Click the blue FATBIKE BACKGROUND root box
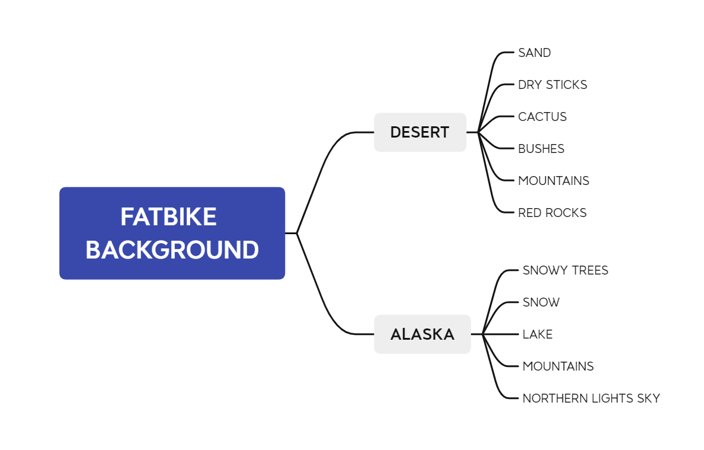[x=172, y=233]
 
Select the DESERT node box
[x=420, y=132]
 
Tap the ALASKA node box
[x=422, y=334]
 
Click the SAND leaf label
[x=535, y=53]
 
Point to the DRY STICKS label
[x=552, y=84]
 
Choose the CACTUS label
[x=542, y=117]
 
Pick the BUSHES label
[x=541, y=149]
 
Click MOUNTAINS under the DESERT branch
[x=553, y=181]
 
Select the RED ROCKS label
[x=552, y=212]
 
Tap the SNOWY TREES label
[x=565, y=270]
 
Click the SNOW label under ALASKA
[x=541, y=302]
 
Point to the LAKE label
[x=537, y=334]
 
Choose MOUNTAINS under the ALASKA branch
[x=558, y=366]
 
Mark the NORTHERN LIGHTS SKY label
[x=591, y=398]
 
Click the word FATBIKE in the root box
[x=168, y=217]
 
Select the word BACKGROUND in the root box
[x=172, y=250]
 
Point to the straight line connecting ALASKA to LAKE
[x=500, y=334]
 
